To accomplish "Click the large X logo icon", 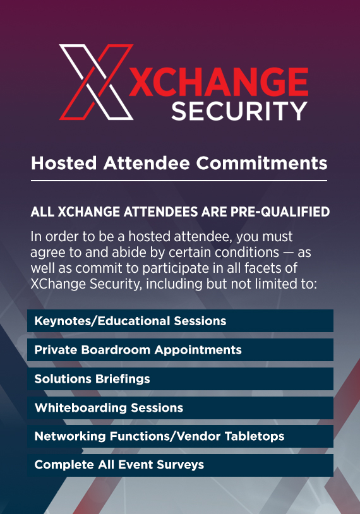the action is (96, 82).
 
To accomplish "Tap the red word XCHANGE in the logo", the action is (219, 81).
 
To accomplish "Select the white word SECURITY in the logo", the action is (239, 111).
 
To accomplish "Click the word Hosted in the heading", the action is (64, 163).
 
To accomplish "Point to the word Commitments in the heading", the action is (261, 163).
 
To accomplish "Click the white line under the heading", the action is (179, 181).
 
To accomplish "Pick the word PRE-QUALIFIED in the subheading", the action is (280, 212).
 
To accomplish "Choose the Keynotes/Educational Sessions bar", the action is (181, 321).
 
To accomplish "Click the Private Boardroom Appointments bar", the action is (181, 350).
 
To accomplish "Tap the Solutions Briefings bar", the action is (181, 379).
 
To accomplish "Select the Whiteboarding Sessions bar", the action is (181, 407).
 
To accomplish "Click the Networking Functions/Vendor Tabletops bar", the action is (181, 436).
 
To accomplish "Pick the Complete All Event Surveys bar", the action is (181, 465).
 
